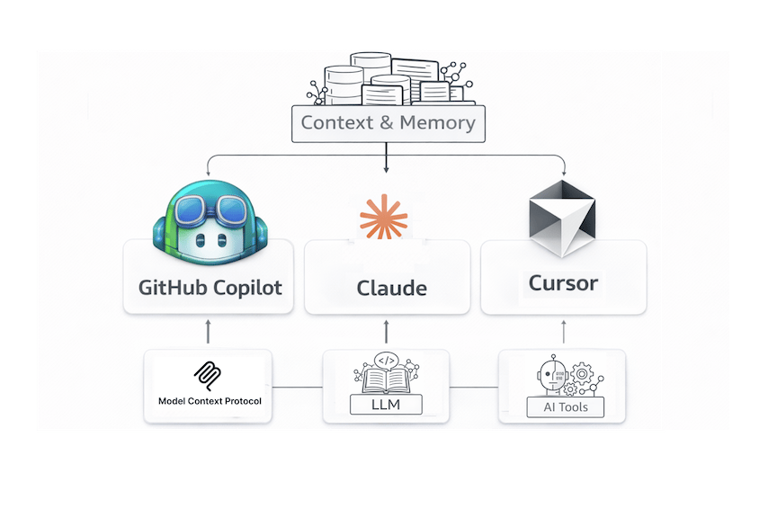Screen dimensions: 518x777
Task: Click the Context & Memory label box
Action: point(388,123)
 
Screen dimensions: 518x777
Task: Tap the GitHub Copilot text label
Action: point(210,288)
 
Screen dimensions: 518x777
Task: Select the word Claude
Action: point(391,289)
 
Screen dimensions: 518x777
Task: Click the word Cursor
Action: point(563,283)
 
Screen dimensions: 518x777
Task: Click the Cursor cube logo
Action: point(561,219)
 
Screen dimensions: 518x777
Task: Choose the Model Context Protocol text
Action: point(210,401)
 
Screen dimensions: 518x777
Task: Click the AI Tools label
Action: point(565,407)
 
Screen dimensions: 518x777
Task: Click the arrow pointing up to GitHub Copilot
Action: point(208,331)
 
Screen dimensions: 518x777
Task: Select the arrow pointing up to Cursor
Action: point(564,331)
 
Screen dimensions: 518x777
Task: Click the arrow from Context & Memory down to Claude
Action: point(386,158)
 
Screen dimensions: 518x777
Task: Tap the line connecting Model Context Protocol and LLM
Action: point(297,388)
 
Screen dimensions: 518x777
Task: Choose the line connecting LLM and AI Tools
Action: point(474,388)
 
